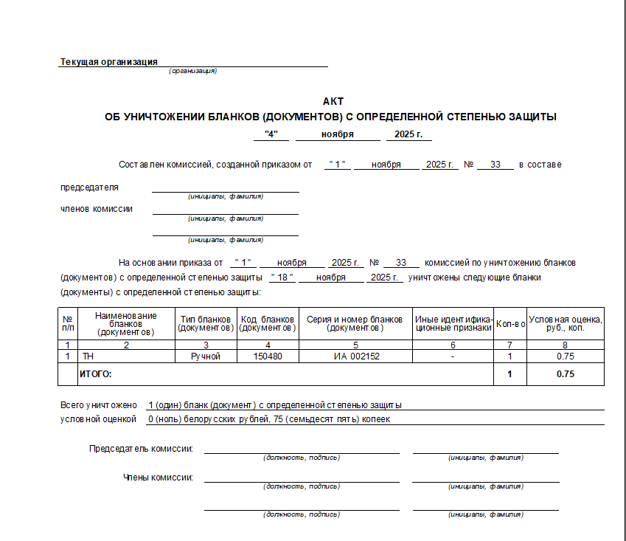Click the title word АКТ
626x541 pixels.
pos(333,101)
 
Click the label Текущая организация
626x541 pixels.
pos(108,62)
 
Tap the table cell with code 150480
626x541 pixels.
pos(267,356)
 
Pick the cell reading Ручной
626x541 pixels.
pos(206,356)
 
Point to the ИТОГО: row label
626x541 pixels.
pos(95,374)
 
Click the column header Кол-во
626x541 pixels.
pos(510,324)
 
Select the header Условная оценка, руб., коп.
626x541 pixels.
pos(565,323)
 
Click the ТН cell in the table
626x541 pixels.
pos(88,356)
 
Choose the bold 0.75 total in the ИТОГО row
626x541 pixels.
pos(565,374)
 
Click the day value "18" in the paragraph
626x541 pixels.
pos(282,278)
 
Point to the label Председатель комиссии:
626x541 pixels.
pos(142,449)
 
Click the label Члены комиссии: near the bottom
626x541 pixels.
pos(158,478)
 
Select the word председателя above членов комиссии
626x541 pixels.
pos(89,187)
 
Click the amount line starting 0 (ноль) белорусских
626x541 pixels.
pos(268,419)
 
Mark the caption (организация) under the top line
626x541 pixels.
pos(192,71)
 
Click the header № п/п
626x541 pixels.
pos(68,323)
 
